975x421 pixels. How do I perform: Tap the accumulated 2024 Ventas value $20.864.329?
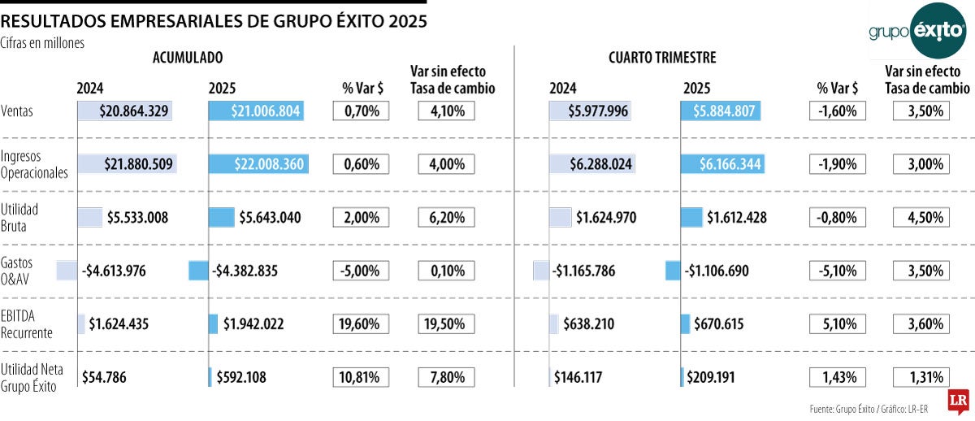pyautogui.click(x=134, y=111)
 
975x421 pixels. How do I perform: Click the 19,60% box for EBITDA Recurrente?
pyautogui.click(x=361, y=324)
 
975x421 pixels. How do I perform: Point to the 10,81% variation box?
pyautogui.click(x=361, y=377)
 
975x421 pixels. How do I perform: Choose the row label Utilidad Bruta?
pyautogui.click(x=19, y=217)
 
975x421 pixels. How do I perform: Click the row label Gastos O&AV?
pyautogui.click(x=17, y=271)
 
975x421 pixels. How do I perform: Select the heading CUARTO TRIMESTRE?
pyautogui.click(x=662, y=58)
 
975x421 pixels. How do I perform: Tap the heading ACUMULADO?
pyautogui.click(x=187, y=58)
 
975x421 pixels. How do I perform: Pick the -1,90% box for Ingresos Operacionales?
pyautogui.click(x=838, y=164)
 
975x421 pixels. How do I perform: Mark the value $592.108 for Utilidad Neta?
pyautogui.click(x=241, y=377)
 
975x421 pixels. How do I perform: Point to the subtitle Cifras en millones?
pyautogui.click(x=42, y=43)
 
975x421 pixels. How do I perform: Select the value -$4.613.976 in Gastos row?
pyautogui.click(x=114, y=271)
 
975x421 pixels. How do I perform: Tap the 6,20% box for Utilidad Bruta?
pyautogui.click(x=446, y=218)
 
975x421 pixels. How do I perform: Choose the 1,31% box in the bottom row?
pyautogui.click(x=921, y=377)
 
